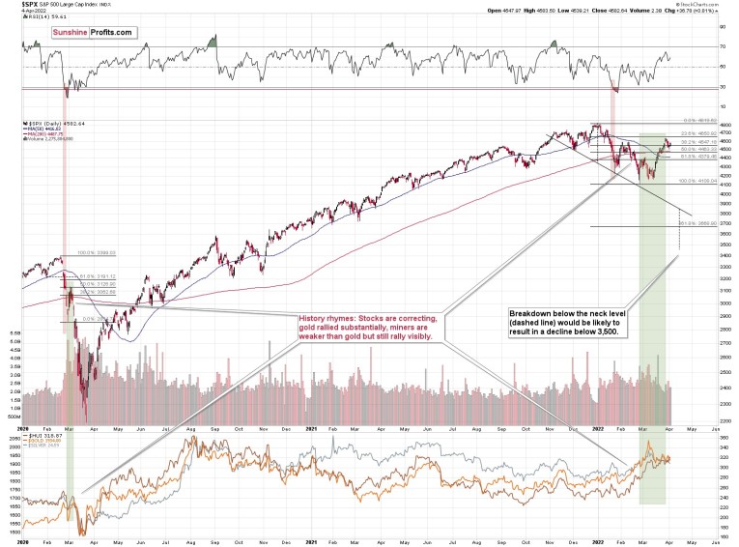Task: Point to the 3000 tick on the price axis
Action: click(x=713, y=302)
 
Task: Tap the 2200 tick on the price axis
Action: click(x=713, y=422)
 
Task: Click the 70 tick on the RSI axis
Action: click(x=721, y=46)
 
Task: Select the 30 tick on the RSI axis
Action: click(x=721, y=87)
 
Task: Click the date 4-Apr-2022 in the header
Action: click(x=22, y=14)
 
